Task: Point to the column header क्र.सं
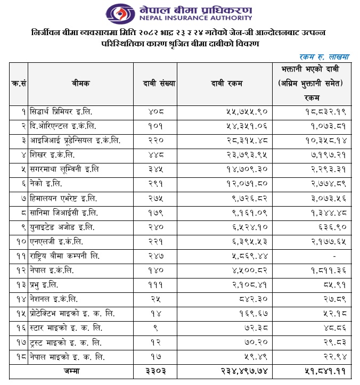coord(18,84)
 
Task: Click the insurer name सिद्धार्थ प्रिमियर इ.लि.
coord(61,113)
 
